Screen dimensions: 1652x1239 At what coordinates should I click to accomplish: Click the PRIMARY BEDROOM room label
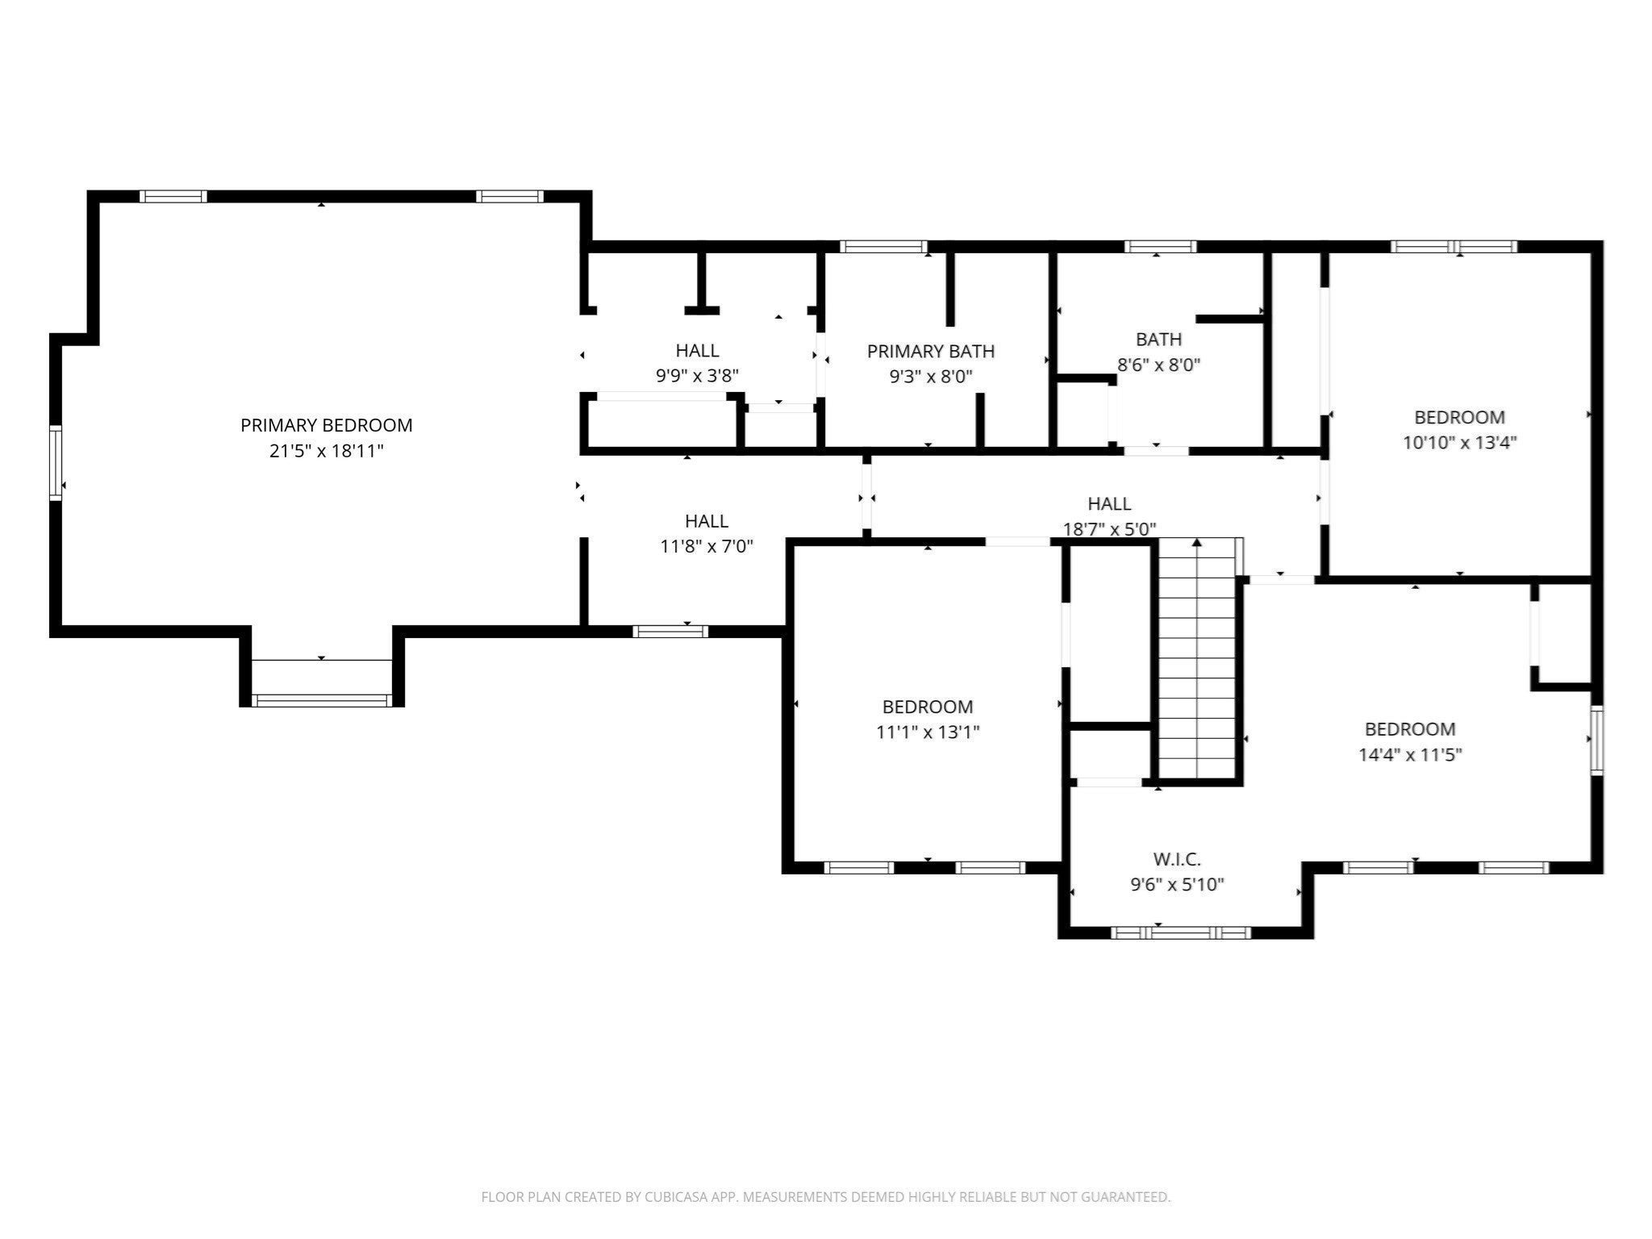326,425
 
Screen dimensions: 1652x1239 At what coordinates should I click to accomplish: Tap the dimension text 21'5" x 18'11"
326,451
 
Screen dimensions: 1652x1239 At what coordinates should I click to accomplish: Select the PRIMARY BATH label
931,351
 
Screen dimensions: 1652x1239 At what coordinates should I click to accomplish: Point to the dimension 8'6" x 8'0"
1158,365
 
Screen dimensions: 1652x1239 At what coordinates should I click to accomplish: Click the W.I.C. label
1177,859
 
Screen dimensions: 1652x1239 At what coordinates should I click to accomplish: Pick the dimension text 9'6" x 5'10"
1177,885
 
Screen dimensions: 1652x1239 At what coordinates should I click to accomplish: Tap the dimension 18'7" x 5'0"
1109,529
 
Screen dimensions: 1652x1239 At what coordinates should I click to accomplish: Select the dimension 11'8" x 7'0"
707,547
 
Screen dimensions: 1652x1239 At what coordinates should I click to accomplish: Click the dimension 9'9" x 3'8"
697,376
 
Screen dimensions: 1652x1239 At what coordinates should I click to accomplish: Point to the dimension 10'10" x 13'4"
1460,443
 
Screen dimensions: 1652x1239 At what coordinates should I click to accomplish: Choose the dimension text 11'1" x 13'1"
928,732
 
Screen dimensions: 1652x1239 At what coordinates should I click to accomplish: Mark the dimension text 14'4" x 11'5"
1410,755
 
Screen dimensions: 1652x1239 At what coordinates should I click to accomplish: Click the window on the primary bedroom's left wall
56,463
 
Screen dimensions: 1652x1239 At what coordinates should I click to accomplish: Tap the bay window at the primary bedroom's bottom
322,700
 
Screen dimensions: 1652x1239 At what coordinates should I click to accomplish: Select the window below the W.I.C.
1181,932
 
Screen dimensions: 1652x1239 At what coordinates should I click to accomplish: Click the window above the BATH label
1160,247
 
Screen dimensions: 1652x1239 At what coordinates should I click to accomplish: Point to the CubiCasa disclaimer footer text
825,1197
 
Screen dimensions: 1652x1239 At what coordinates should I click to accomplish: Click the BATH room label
1159,339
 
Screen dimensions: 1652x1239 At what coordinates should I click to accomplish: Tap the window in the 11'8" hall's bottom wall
670,632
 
